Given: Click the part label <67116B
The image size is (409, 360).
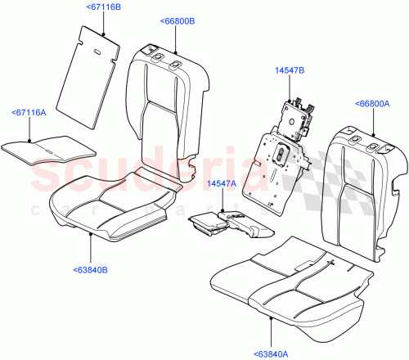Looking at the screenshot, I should point(103,7).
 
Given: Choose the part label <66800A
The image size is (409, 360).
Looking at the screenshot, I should point(374,103).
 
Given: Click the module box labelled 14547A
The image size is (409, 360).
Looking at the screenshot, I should point(209,223).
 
